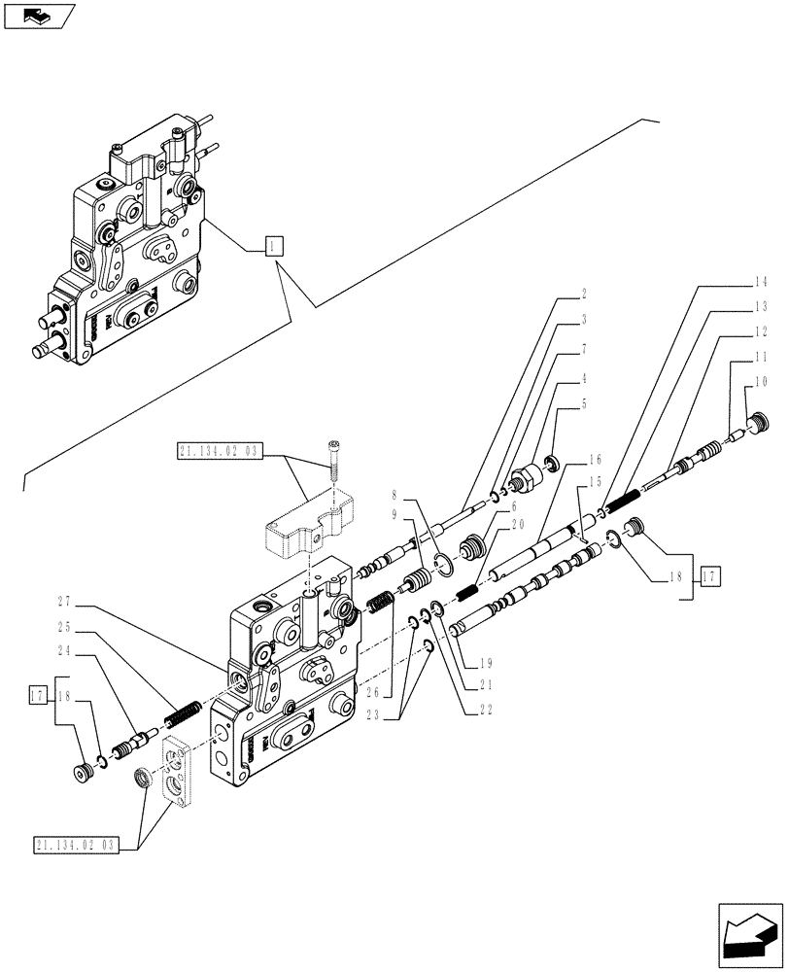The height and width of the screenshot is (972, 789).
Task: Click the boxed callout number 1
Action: pyautogui.click(x=274, y=246)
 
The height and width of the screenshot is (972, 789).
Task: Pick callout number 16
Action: pyautogui.click(x=595, y=458)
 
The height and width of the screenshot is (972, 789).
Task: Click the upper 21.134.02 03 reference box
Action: pyautogui.click(x=220, y=450)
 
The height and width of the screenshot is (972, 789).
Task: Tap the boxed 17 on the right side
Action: pyautogui.click(x=709, y=575)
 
